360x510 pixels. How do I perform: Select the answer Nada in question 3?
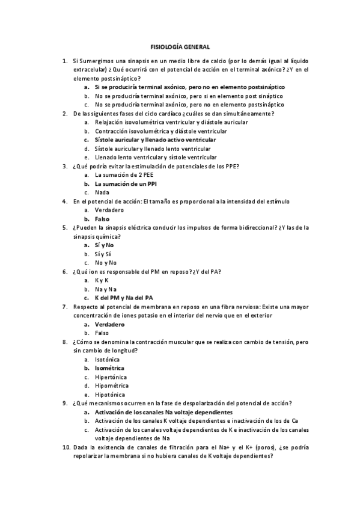[x=102, y=192]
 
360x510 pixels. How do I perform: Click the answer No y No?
[x=106, y=263]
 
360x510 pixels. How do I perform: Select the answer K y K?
[x=102, y=280]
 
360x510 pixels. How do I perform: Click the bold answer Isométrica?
[x=110, y=367]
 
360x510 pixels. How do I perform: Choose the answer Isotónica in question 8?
[x=108, y=359]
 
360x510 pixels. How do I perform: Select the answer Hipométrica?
[x=112, y=386]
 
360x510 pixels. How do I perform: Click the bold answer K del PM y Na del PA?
[x=124, y=298]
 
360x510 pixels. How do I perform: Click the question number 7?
[x=65, y=306]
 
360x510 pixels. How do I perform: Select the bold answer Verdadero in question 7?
[x=110, y=324]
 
